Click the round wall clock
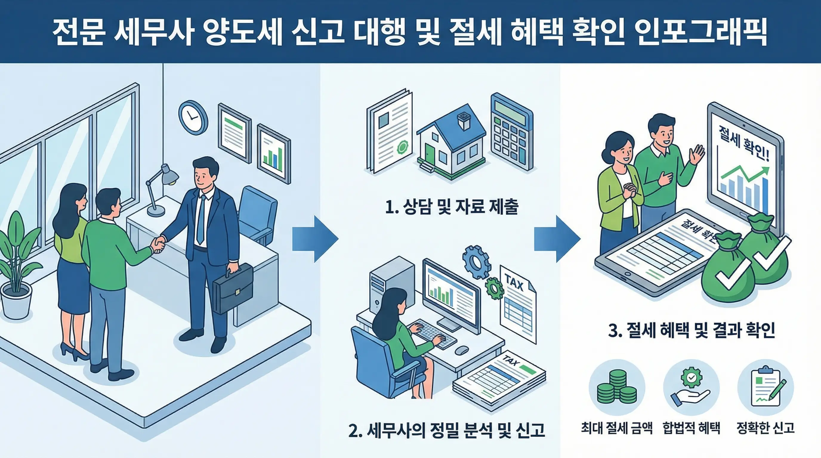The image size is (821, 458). [192, 117]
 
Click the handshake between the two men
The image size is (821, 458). [159, 245]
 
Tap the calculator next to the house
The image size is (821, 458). [511, 132]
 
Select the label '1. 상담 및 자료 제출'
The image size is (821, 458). [452, 207]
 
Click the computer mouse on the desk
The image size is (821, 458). [461, 350]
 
